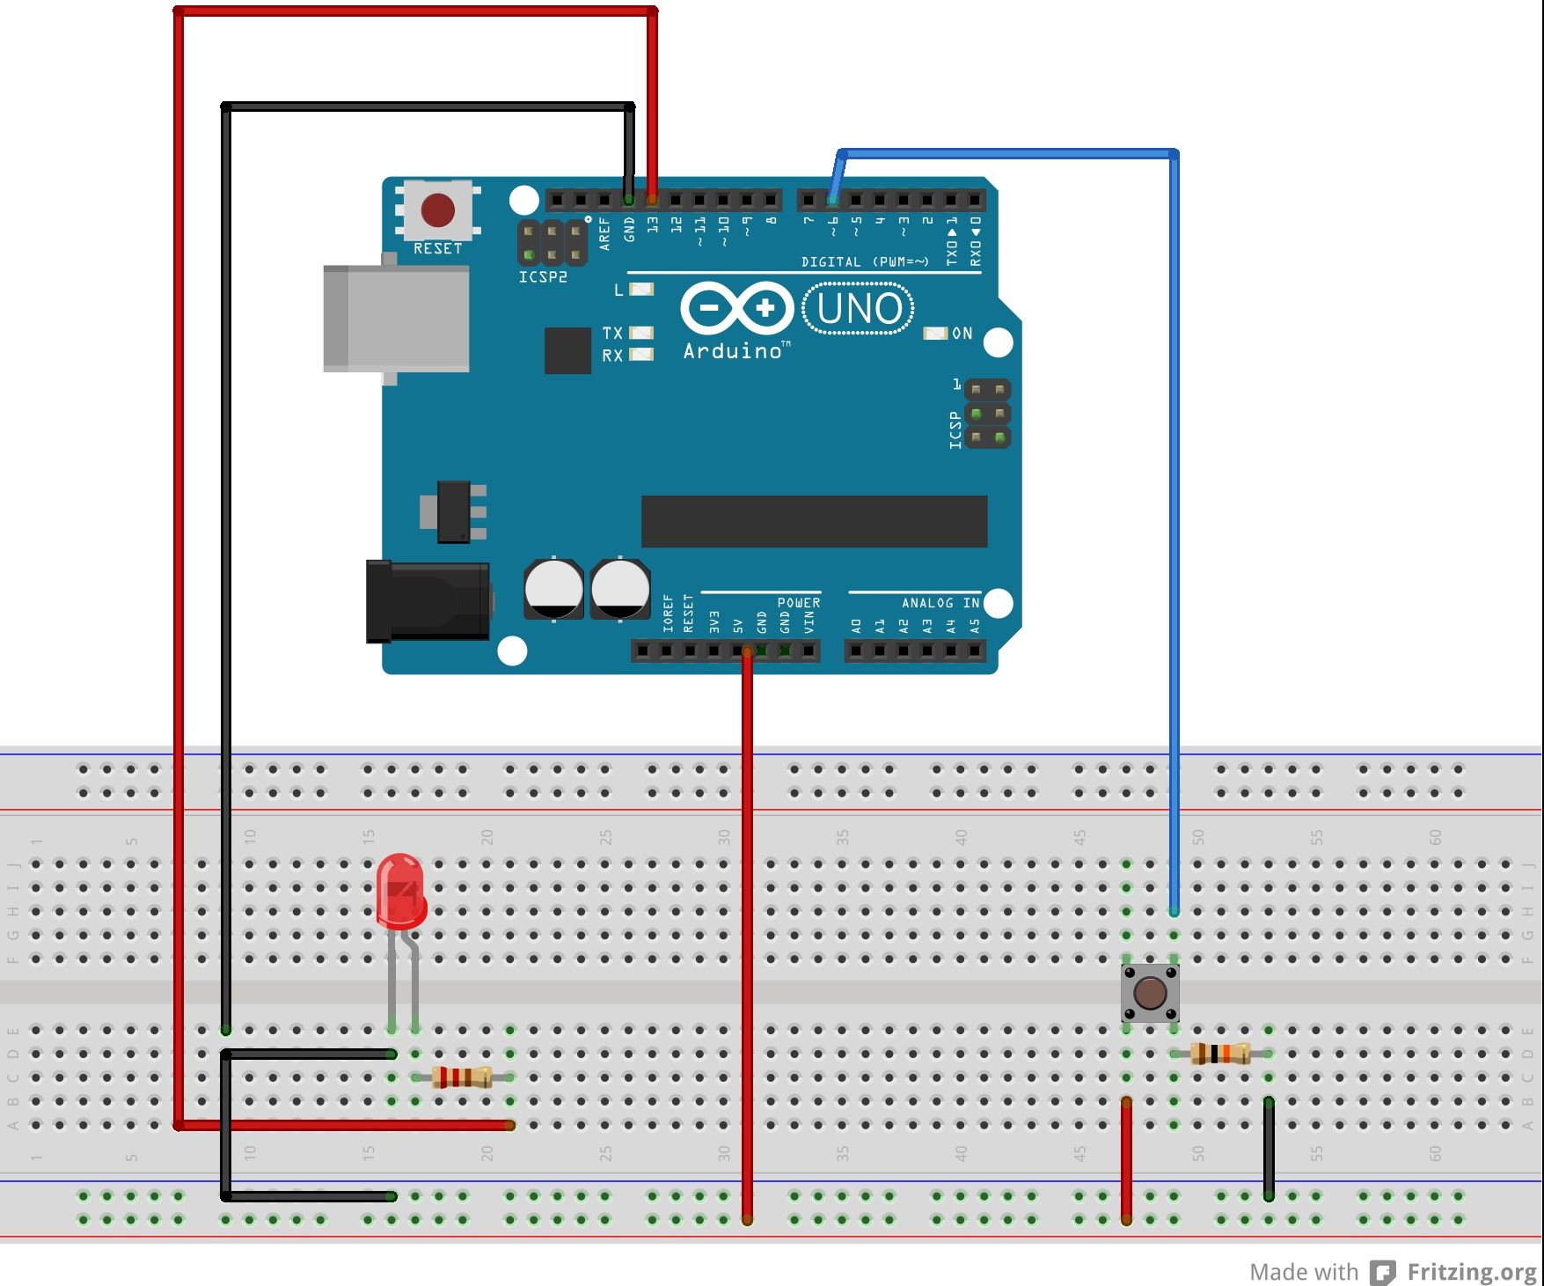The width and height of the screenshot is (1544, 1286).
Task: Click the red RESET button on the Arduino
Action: pos(437,210)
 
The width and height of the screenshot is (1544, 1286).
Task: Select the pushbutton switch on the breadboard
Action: pos(1150,993)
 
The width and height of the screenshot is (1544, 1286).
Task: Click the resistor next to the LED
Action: pos(462,1077)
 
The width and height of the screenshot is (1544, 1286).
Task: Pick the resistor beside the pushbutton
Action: pos(1220,1053)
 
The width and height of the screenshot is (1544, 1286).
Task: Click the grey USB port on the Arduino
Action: pos(396,319)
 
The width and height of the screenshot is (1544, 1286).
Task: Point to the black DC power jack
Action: pos(428,601)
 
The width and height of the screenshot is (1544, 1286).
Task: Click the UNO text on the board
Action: pos(859,309)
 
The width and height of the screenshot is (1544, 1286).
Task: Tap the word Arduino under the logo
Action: pos(733,351)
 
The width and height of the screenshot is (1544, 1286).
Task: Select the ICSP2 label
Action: pos(543,277)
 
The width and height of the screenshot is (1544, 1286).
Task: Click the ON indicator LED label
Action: pos(962,334)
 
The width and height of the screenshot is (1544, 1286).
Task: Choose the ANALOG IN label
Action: pos(940,603)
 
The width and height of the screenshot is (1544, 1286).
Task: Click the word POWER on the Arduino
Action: pos(798,603)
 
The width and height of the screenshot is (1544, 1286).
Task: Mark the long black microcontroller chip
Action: pos(814,521)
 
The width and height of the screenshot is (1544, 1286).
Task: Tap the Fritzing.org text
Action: pos(1471,1272)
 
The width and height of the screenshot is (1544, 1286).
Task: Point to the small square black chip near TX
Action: pos(567,350)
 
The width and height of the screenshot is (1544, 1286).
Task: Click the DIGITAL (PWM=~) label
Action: pos(865,262)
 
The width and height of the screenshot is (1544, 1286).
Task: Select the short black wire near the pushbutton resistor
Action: pos(1269,1148)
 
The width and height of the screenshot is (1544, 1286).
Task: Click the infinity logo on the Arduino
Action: pos(737,308)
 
